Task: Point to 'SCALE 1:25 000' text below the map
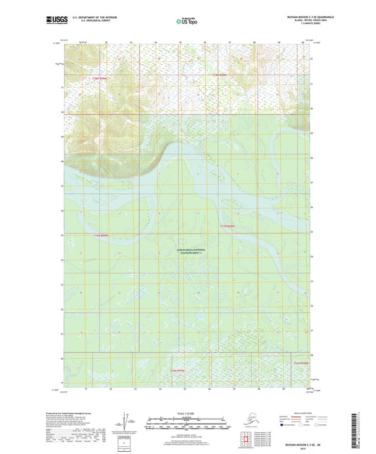[187, 412]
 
